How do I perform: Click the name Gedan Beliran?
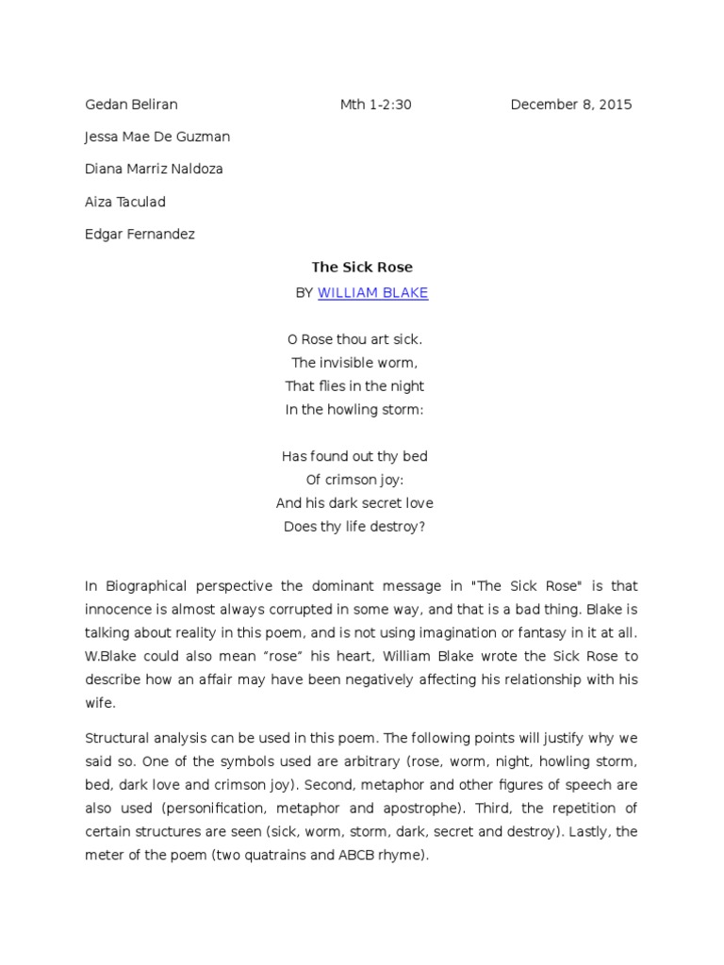(x=131, y=105)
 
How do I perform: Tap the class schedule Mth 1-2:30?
(x=375, y=105)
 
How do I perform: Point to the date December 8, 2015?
(x=571, y=105)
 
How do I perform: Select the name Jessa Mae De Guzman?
(x=157, y=137)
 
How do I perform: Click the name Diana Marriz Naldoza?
(x=154, y=170)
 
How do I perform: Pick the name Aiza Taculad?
(x=125, y=202)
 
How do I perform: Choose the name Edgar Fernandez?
(x=140, y=234)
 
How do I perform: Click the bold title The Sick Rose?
(x=362, y=268)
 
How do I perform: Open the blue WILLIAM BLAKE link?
(x=372, y=293)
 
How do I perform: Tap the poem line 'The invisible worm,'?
(x=354, y=362)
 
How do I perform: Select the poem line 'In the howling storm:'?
(x=354, y=409)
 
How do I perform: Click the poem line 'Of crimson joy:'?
(x=354, y=479)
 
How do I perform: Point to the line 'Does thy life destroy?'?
(x=354, y=526)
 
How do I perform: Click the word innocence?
(x=121, y=609)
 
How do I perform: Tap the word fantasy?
(x=551, y=631)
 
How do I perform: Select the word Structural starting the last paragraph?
(x=117, y=738)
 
